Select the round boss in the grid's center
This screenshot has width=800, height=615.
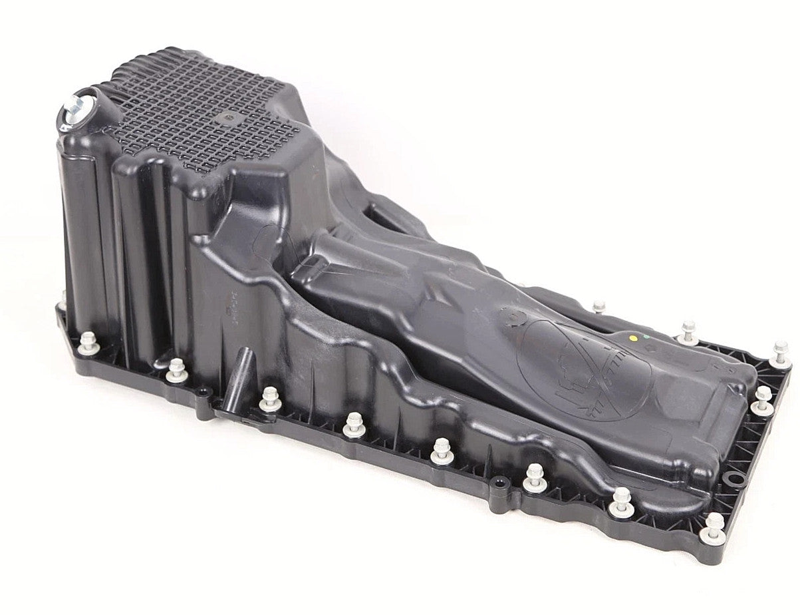click(x=230, y=119)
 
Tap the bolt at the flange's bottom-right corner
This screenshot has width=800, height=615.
click(x=713, y=525)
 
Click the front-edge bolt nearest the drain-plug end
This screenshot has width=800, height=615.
click(x=88, y=343)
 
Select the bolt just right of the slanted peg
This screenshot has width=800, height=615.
click(x=269, y=398)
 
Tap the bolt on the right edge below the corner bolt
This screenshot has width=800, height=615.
click(x=762, y=399)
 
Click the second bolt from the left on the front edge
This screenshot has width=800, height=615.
click(x=176, y=369)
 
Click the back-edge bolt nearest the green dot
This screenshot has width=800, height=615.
click(x=688, y=331)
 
